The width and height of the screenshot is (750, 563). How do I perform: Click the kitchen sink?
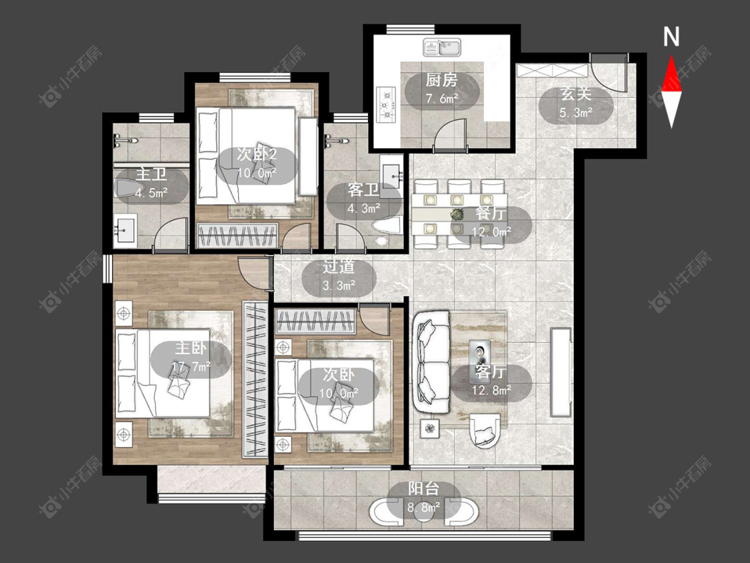pos(441,47)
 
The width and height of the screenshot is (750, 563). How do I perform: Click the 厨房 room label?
pos(441,81)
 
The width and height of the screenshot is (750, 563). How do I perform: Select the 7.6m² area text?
pos(442,99)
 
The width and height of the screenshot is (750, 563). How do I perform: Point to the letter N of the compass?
pos(671,37)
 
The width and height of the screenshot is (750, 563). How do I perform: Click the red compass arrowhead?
pos(671,73)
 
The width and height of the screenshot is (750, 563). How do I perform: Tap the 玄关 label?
pos(576,94)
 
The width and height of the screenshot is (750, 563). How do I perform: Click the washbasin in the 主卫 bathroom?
pos(125,230)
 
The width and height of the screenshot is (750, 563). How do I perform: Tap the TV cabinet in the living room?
pos(561,372)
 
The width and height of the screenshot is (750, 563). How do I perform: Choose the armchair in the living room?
pos(485,430)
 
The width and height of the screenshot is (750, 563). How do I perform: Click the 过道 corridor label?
pos(339,267)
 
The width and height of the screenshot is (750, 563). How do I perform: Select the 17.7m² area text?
pos(191,367)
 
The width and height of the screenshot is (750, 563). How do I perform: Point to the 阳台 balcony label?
pos(423,489)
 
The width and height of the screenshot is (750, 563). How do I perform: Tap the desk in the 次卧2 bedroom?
pos(308,157)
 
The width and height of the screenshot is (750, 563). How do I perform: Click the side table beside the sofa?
pos(430,428)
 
